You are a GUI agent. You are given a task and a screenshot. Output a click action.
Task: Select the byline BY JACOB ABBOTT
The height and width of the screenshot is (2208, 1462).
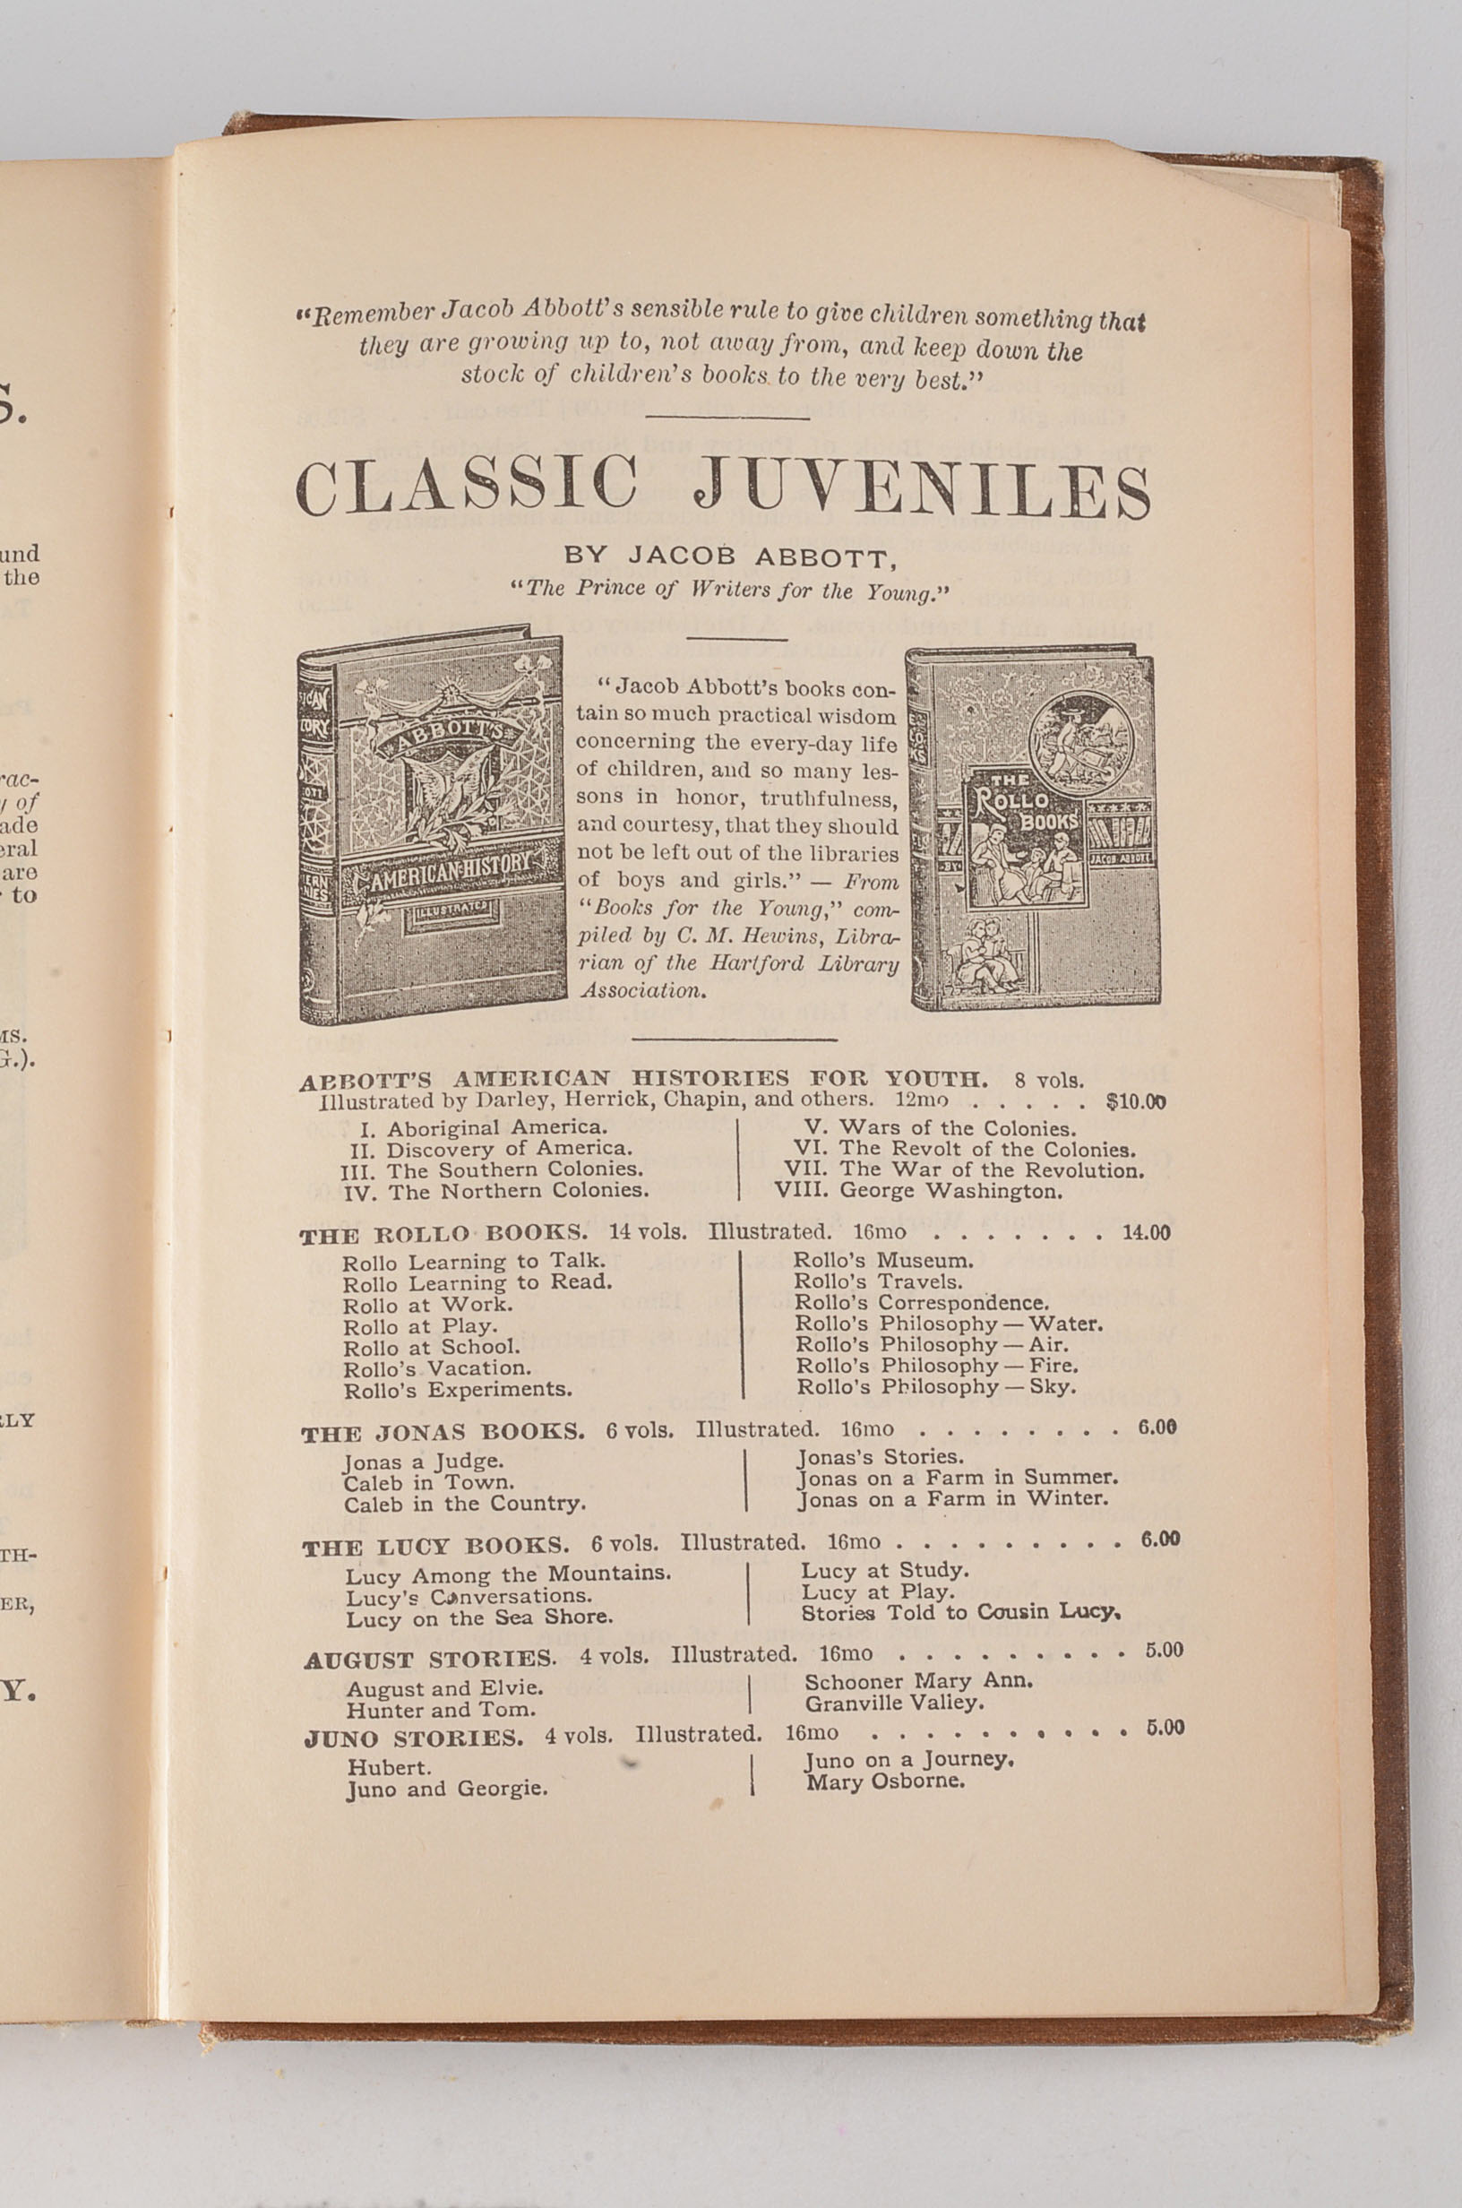click(729, 556)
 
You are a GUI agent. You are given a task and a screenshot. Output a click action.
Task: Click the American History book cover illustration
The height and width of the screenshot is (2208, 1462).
click(433, 825)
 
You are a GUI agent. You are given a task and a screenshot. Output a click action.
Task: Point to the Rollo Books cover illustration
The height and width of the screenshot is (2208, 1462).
click(1034, 830)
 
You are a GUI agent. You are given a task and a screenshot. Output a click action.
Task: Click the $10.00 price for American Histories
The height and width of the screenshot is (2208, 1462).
click(1135, 1101)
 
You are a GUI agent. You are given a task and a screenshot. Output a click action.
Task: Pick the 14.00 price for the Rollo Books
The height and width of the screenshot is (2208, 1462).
click(1145, 1233)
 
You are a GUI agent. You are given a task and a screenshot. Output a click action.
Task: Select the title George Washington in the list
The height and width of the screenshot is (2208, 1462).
click(950, 1192)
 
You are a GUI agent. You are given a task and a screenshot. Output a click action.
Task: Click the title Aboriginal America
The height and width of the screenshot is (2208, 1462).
click(496, 1127)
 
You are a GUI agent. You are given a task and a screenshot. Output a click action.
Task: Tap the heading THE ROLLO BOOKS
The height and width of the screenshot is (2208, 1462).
click(443, 1235)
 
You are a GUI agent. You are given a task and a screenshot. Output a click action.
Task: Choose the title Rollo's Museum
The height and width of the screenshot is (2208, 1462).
click(883, 1261)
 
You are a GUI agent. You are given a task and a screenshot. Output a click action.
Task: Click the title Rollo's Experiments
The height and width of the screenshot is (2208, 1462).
click(457, 1389)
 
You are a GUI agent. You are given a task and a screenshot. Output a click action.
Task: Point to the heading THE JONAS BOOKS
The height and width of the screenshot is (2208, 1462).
click(443, 1432)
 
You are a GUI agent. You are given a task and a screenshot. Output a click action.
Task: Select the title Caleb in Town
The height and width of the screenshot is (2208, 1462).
click(429, 1482)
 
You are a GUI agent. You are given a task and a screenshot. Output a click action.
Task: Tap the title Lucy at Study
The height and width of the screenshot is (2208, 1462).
click(885, 1570)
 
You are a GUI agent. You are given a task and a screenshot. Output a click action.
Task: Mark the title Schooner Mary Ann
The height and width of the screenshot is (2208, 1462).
click(918, 1681)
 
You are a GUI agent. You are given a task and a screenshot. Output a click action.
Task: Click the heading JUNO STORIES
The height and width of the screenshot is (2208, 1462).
click(413, 1739)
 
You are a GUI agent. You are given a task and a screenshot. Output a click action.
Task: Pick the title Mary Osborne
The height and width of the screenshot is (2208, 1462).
click(885, 1781)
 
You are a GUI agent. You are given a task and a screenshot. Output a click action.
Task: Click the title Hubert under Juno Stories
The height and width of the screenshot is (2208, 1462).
click(389, 1768)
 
